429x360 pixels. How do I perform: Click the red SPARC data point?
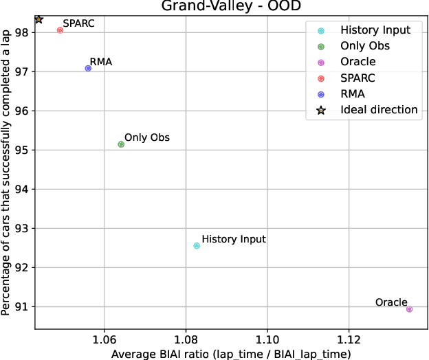(60, 30)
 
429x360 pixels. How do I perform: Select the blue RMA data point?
(88, 68)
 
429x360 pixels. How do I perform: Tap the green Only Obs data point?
(121, 144)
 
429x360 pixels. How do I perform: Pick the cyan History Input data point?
(197, 245)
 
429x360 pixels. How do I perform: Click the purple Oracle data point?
(409, 309)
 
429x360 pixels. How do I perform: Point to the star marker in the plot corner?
(38, 20)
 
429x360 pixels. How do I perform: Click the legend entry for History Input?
(375, 30)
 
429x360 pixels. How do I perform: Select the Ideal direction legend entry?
(379, 109)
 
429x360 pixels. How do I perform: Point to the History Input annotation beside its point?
(234, 239)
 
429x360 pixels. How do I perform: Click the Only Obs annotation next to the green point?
(146, 137)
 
